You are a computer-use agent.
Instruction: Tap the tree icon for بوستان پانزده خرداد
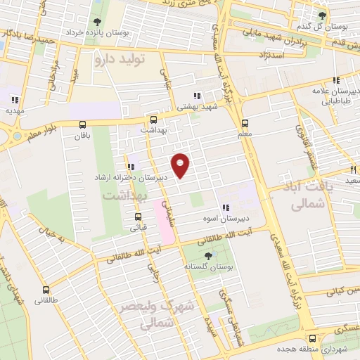point(96,21)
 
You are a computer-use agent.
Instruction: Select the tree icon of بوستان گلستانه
point(207,255)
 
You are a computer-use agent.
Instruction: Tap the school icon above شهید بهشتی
point(198,95)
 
